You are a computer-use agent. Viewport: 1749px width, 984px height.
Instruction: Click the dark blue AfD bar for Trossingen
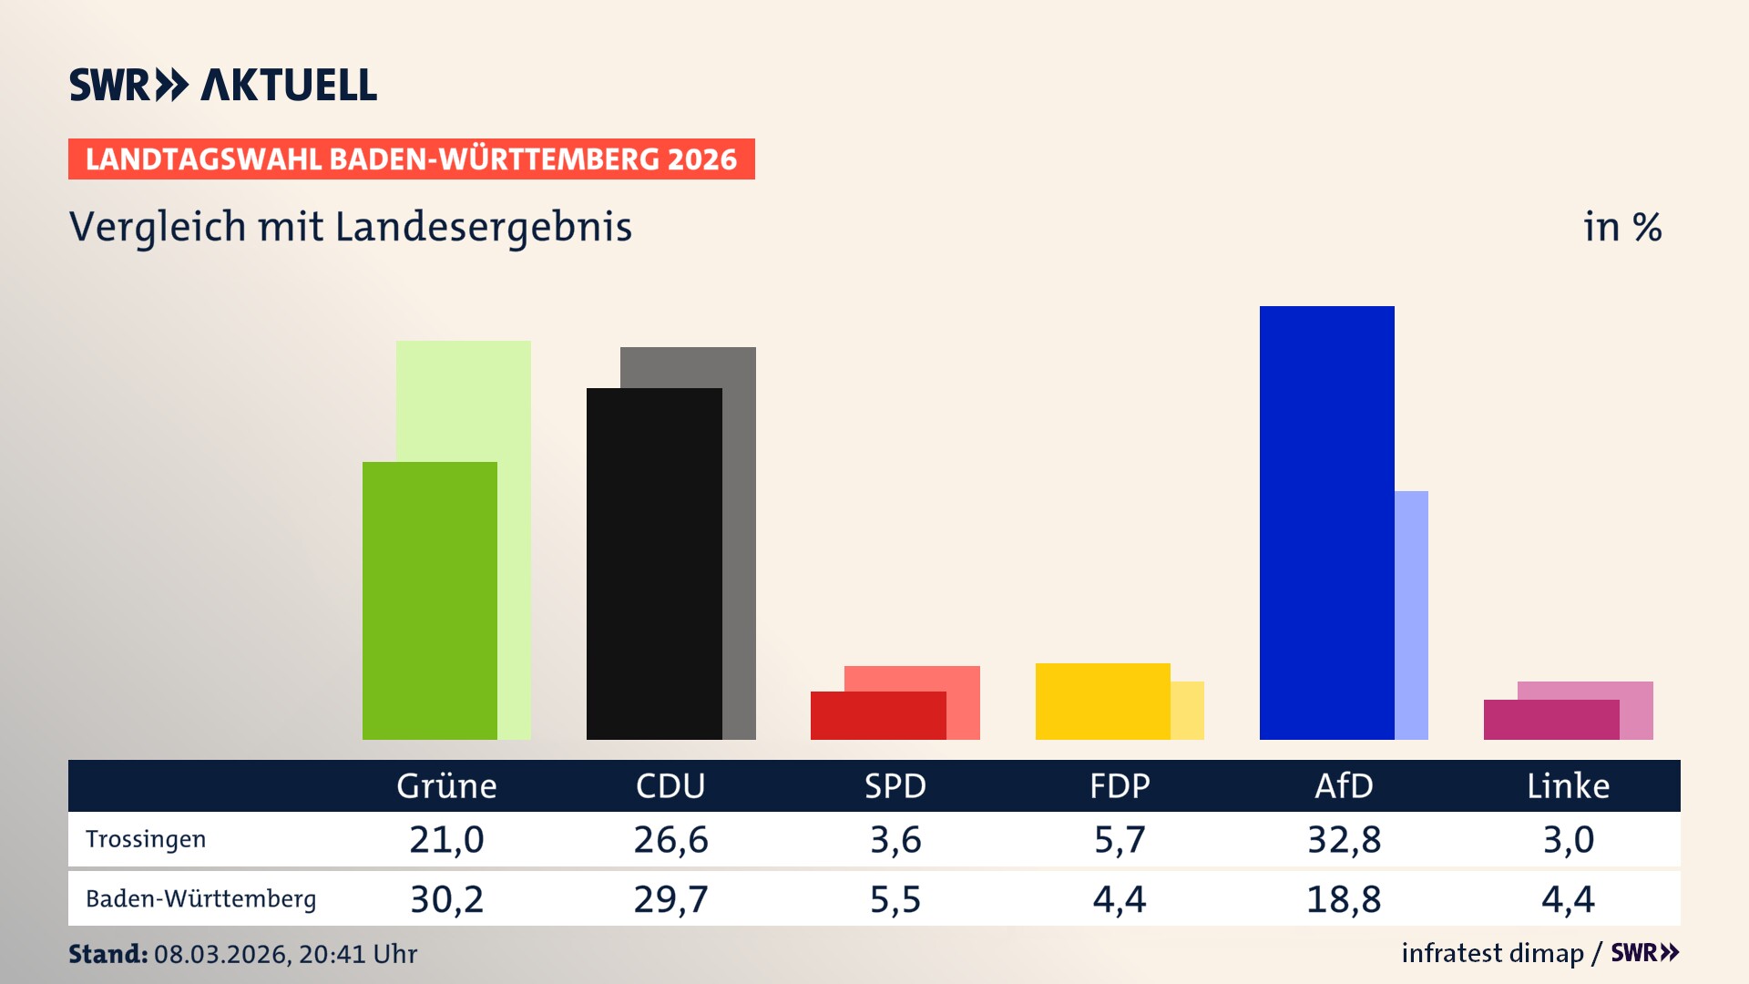(1326, 523)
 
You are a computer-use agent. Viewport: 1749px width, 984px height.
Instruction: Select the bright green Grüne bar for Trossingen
(429, 600)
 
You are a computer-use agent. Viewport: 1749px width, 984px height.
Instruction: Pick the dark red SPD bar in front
(877, 715)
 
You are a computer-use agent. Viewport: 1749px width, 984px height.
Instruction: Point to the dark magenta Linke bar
(1550, 719)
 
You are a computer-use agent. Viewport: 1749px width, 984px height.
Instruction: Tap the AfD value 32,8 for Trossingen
(1344, 839)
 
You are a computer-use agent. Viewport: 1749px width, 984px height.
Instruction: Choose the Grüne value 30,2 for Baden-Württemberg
(446, 899)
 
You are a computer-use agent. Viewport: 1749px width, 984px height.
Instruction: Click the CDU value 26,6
(670, 839)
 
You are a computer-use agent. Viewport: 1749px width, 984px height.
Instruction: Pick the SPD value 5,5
(895, 899)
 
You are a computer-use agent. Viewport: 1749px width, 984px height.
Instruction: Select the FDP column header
(1120, 785)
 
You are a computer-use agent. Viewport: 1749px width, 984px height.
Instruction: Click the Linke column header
(1568, 785)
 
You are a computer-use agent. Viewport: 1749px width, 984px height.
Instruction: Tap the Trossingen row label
(146, 839)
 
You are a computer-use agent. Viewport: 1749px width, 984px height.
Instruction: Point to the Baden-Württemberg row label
(200, 899)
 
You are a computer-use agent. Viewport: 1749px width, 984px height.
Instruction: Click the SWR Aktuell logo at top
(223, 85)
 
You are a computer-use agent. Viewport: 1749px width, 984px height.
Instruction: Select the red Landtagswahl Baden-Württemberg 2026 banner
(411, 159)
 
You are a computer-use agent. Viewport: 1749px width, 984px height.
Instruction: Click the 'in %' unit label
(1621, 227)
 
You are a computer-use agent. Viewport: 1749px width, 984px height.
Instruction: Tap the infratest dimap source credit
(1492, 953)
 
